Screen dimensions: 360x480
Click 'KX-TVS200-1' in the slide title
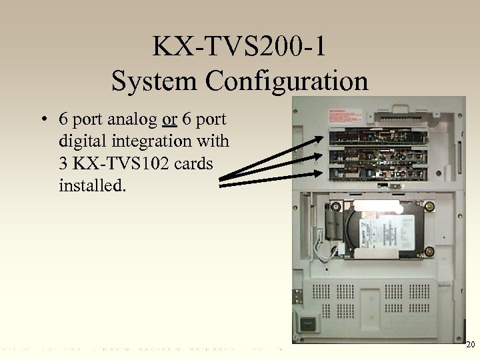click(x=239, y=47)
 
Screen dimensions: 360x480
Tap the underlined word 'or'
click(x=169, y=120)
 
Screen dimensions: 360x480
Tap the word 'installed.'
click(x=91, y=184)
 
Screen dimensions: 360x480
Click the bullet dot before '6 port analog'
click(x=42, y=121)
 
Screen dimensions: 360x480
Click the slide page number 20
click(x=470, y=345)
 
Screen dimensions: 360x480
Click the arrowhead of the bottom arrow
click(x=323, y=173)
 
